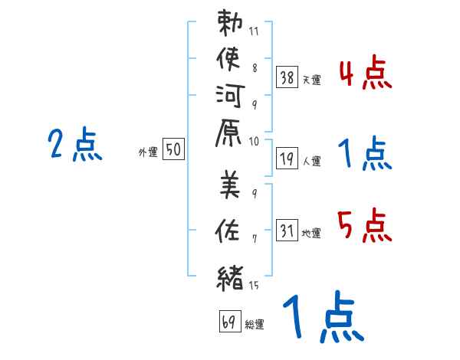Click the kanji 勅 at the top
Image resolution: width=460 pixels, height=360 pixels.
click(230, 25)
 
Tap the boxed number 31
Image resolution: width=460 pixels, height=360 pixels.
click(287, 230)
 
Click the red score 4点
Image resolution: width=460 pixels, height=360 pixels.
click(365, 76)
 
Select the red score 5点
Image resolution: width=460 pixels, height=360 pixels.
click(365, 227)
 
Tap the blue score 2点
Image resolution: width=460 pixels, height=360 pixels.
click(75, 145)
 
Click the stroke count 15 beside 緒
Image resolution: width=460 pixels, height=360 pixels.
click(255, 286)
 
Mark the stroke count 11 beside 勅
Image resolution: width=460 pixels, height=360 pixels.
click(255, 31)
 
